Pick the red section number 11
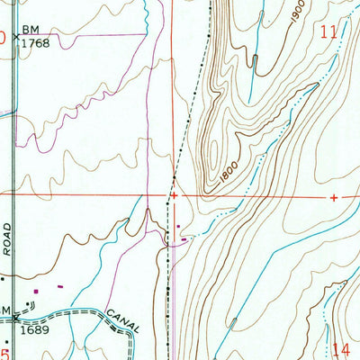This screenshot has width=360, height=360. (x=329, y=31)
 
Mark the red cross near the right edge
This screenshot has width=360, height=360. (x=334, y=196)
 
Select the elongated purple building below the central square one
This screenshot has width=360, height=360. (x=184, y=238)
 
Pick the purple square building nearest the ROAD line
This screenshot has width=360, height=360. (x=36, y=291)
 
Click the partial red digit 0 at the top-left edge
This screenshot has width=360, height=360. (x=3, y=38)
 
